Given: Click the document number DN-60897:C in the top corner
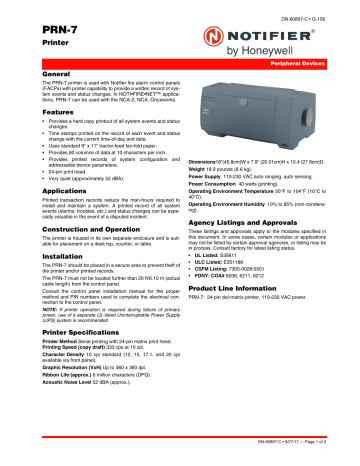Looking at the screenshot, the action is click(x=310, y=9).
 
